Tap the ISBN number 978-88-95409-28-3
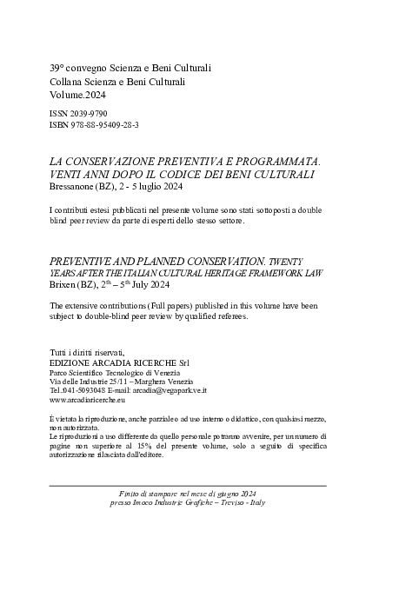pyautogui.click(x=103, y=126)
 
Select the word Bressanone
pyautogui.click(x=79, y=187)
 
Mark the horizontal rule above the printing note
pyautogui.click(x=188, y=485)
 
